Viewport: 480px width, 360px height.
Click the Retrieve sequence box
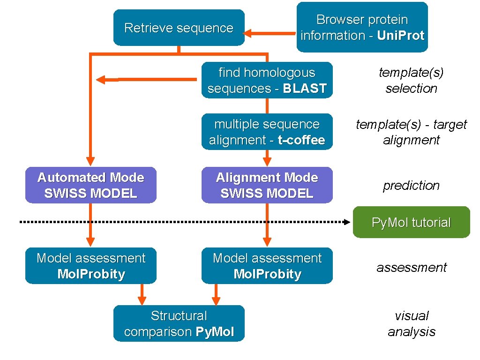(179, 28)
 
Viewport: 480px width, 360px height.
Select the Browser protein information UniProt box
(362, 27)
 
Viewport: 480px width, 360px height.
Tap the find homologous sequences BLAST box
(267, 80)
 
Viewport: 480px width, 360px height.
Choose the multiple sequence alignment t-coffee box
(267, 132)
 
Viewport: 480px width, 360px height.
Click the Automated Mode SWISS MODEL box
(90, 185)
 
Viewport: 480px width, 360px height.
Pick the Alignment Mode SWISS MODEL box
(267, 185)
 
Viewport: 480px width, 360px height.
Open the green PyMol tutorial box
(411, 222)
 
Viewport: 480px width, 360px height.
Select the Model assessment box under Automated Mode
(90, 266)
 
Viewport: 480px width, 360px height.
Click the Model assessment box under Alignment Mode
(267, 266)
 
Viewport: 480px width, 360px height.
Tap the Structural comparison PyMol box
(179, 323)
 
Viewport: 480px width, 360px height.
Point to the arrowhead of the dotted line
(347, 222)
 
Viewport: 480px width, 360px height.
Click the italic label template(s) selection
(411, 80)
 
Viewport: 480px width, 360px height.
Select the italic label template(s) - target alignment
(411, 132)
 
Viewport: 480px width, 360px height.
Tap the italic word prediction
(411, 185)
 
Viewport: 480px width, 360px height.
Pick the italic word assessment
(411, 267)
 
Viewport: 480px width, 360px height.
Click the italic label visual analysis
(411, 323)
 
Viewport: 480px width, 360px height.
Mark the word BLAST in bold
(304, 89)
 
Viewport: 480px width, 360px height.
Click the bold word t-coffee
(301, 140)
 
